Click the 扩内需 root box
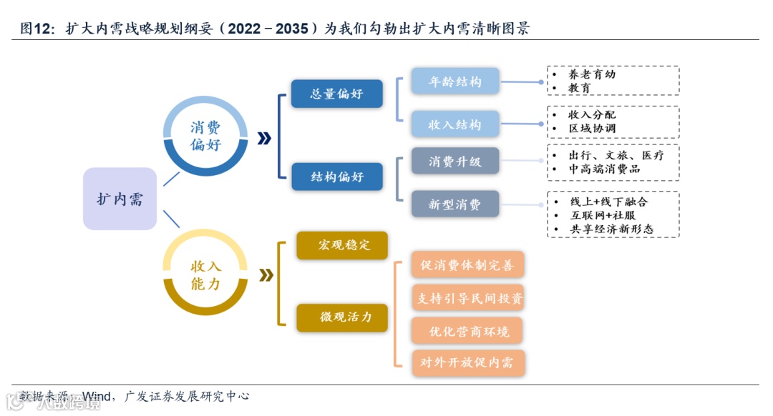tap(120, 199)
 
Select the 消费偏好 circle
tap(205, 137)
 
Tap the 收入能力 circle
tap(205, 274)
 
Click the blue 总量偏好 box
tap(336, 94)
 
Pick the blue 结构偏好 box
tap(336, 177)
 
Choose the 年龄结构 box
tap(455, 81)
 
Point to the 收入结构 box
tap(455, 124)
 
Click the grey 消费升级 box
tap(455, 162)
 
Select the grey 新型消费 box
tap(455, 204)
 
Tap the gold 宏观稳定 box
tap(342, 245)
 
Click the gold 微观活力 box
tap(342, 317)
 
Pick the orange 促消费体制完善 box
tap(467, 265)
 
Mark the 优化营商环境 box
tap(467, 331)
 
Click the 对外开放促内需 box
tap(467, 363)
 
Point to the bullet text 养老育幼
tap(592, 74)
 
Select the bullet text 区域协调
tap(592, 129)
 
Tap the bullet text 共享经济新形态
tap(611, 229)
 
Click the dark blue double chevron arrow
tap(264, 139)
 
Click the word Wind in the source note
tap(97, 395)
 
